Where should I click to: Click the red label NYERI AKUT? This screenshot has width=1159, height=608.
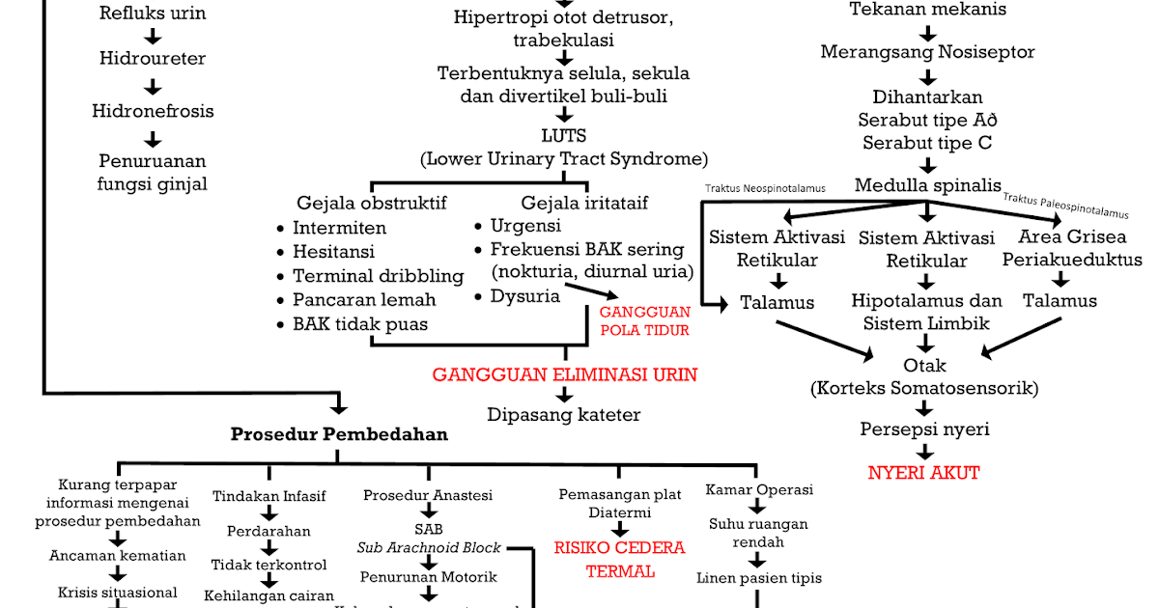tap(923, 473)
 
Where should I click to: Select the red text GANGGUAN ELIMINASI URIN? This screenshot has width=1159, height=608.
tap(564, 374)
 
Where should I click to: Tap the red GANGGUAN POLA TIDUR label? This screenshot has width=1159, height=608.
tap(644, 320)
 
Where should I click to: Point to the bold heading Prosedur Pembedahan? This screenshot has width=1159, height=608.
tap(339, 434)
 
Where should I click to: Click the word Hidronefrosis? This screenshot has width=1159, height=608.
tap(153, 111)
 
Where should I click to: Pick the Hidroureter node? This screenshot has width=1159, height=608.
tap(153, 58)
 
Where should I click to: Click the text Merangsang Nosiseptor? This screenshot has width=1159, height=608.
tap(927, 52)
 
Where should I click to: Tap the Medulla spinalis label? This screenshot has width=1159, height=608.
tap(927, 185)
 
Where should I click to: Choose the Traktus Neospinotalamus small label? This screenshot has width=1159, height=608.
tap(765, 189)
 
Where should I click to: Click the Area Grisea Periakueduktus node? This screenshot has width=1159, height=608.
tap(1072, 248)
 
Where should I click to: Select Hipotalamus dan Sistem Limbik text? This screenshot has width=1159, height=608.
tap(926, 312)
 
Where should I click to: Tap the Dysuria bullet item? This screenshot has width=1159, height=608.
tap(524, 296)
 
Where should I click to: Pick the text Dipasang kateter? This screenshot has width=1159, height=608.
tap(563, 415)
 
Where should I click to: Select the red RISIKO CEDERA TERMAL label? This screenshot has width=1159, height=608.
tap(619, 559)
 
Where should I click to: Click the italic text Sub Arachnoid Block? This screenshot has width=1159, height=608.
tap(429, 547)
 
